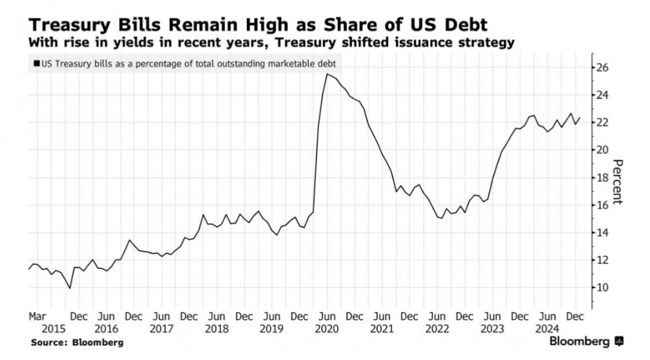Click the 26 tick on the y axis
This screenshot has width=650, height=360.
(x=602, y=68)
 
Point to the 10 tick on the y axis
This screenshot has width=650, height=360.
(x=602, y=287)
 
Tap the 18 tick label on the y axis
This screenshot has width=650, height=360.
(x=602, y=177)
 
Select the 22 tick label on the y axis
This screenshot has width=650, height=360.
(x=602, y=123)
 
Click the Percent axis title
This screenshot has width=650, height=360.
(x=618, y=182)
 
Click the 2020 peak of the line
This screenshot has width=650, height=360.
(x=327, y=74)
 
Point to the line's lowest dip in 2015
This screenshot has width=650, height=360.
(x=70, y=288)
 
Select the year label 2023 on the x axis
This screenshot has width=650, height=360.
(x=490, y=328)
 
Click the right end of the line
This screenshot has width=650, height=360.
(x=580, y=118)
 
